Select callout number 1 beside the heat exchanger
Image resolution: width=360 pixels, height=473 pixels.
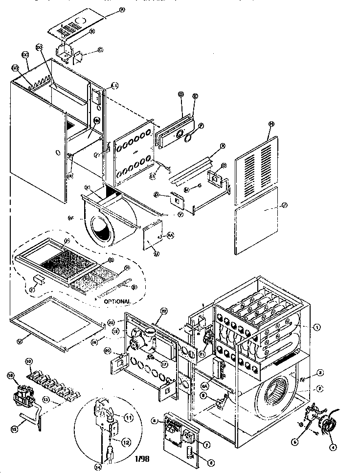click(x=317, y=327)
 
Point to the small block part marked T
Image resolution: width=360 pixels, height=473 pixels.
click(x=38, y=278)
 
